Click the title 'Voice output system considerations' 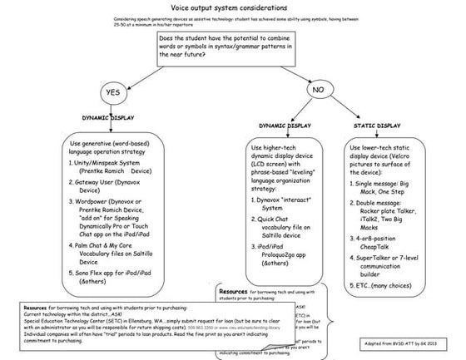click(234, 7)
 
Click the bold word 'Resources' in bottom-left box click(20, 305)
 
